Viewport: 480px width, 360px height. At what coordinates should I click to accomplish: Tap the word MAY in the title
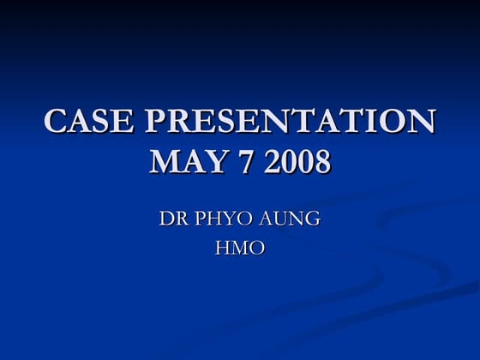(x=185, y=161)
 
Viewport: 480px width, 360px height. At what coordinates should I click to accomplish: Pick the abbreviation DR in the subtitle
(x=170, y=219)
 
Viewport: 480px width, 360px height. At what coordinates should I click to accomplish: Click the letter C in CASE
(x=56, y=122)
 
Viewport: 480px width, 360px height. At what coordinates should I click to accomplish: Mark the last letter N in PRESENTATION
(x=420, y=122)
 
